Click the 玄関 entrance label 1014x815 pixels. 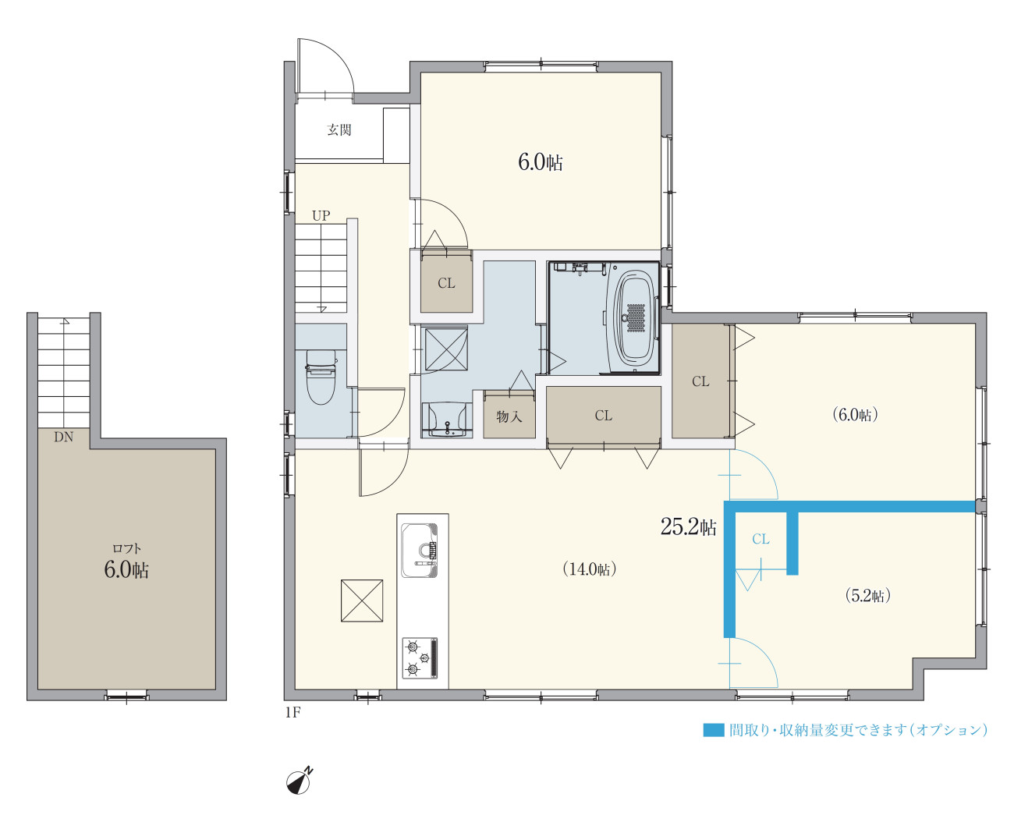(339, 129)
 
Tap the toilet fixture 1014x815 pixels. (321, 377)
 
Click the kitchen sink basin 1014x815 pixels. (420, 551)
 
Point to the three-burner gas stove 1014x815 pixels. (420, 658)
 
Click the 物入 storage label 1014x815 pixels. (509, 416)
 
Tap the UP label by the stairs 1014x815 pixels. (321, 216)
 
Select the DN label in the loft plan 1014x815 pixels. (64, 438)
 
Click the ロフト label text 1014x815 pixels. (126, 548)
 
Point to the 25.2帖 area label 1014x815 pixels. (689, 526)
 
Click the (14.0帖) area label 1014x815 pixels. (590, 569)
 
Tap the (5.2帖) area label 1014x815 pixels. (868, 596)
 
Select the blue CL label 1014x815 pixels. (761, 539)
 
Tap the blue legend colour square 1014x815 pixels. (714, 730)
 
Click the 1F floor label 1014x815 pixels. (292, 712)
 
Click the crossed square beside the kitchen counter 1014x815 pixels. (362, 601)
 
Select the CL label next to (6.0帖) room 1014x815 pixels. (700, 381)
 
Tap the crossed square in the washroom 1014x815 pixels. (446, 349)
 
